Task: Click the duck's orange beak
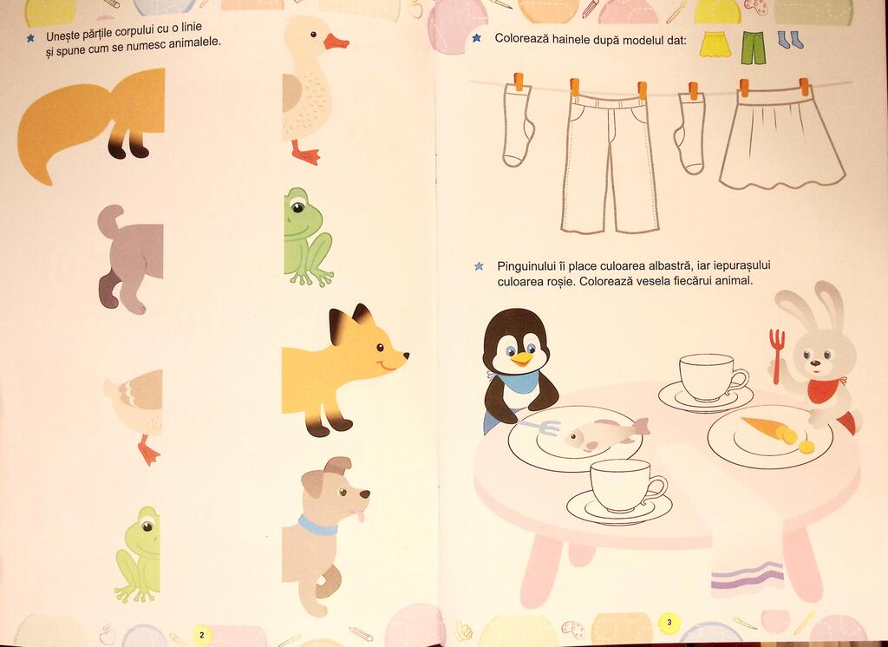pyautogui.click(x=336, y=42)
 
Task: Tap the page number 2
pyautogui.click(x=201, y=635)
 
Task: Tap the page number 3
pyautogui.click(x=669, y=623)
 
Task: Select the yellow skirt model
pyautogui.click(x=715, y=44)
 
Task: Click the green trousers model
pyautogui.click(x=754, y=49)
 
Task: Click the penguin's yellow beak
pyautogui.click(x=521, y=358)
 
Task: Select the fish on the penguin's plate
pyautogui.click(x=606, y=434)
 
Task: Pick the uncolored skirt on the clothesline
pyautogui.click(x=783, y=138)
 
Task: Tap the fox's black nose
pyautogui.click(x=405, y=356)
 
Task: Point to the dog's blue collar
pyautogui.click(x=317, y=526)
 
